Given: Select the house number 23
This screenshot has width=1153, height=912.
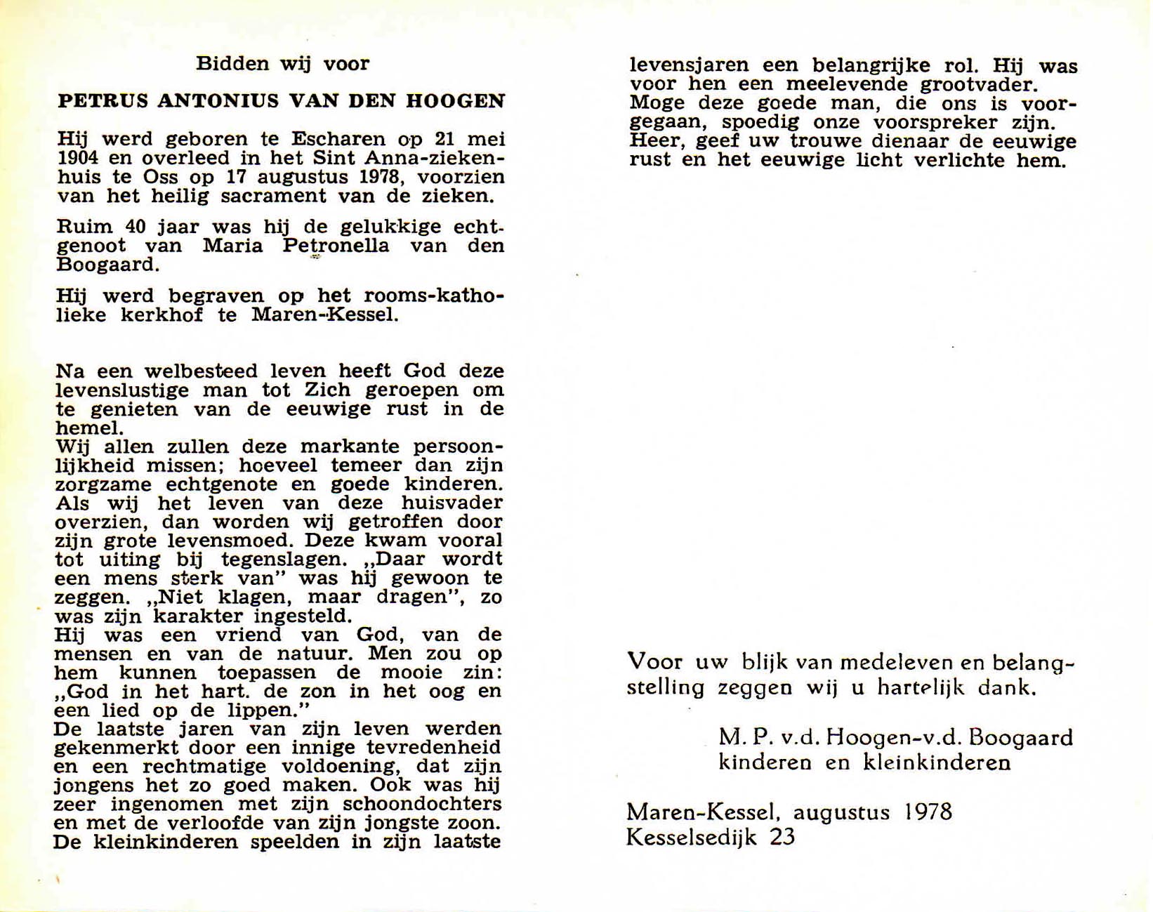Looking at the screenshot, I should (782, 838).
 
